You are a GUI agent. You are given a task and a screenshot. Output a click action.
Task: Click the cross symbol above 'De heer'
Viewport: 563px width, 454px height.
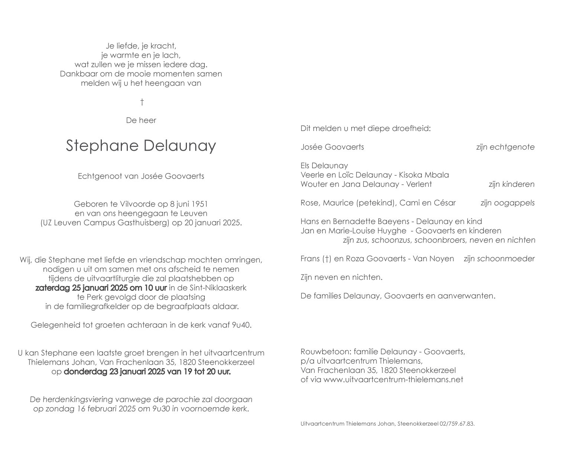(142, 102)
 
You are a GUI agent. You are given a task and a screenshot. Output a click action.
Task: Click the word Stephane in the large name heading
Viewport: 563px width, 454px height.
(102, 146)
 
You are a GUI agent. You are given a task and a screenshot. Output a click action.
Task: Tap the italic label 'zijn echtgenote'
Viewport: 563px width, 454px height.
(505, 147)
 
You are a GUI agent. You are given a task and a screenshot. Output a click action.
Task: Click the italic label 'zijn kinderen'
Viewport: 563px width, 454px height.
(511, 184)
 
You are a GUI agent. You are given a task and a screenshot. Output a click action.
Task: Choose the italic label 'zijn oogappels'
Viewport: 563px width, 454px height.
(507, 203)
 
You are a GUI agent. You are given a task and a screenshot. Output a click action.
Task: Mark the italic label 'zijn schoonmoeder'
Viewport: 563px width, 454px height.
(499, 259)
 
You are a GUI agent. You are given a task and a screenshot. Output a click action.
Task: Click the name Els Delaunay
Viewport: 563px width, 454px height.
(324, 166)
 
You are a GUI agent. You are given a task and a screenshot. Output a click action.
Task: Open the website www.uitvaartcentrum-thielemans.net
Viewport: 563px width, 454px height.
(393, 380)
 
